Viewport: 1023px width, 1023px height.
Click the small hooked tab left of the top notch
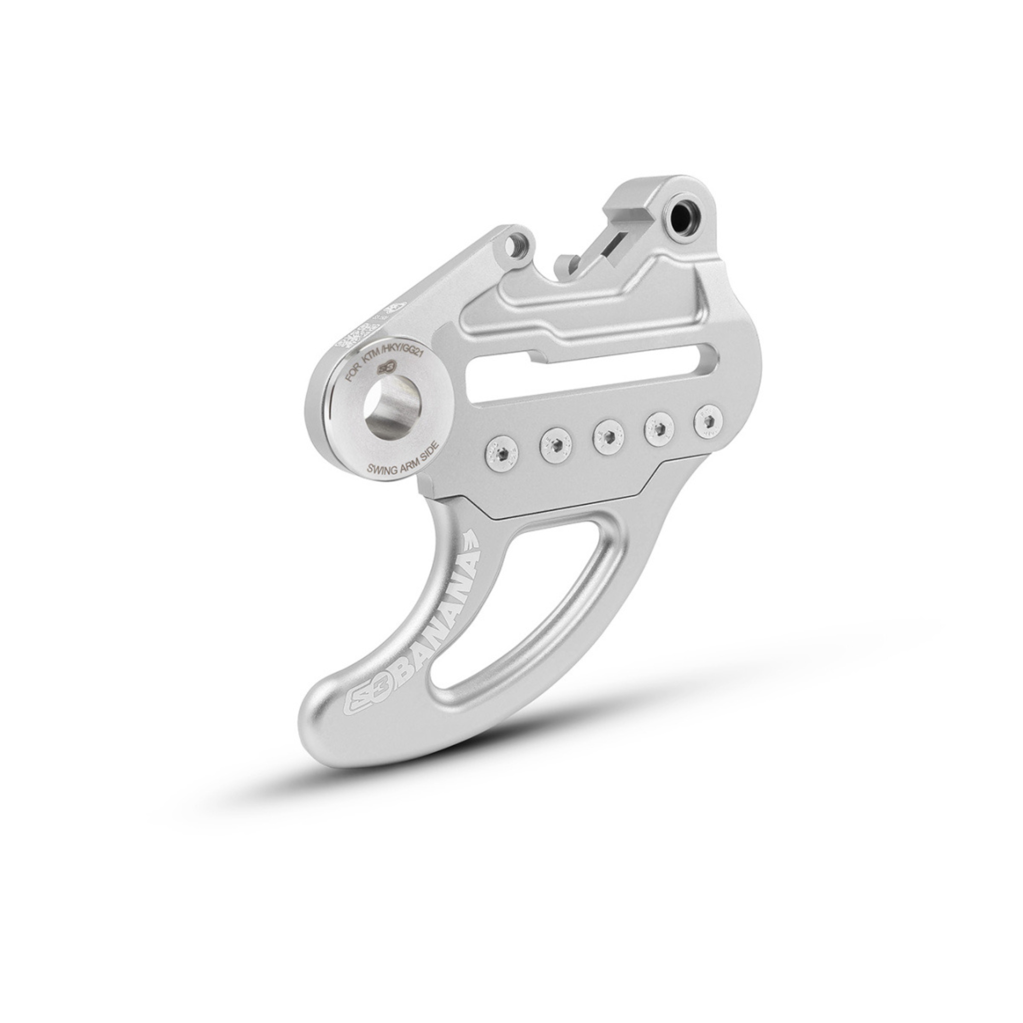pyautogui.click(x=566, y=262)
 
